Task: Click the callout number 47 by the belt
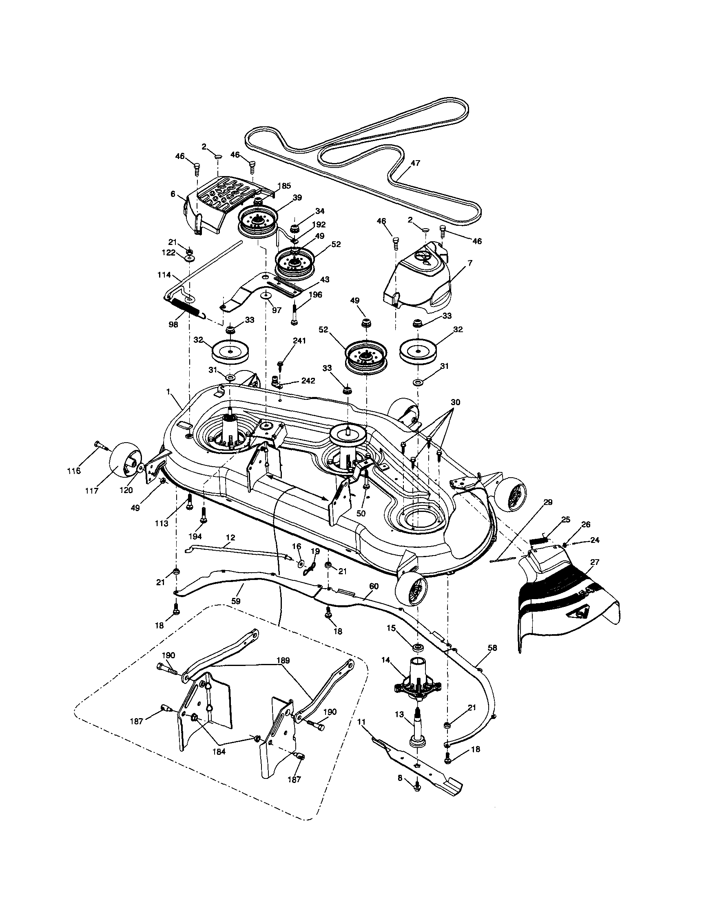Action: pos(415,163)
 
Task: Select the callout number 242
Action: pos(308,381)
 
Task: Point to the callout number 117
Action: pos(91,491)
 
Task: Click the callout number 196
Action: pos(316,295)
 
